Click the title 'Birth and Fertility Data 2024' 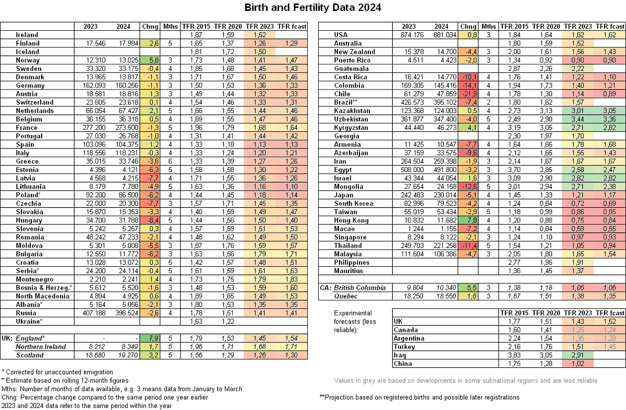tap(313, 7)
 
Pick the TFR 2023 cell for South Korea tap(579, 203)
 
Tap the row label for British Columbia tap(360, 288)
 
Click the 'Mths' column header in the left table tap(170, 26)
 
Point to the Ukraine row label tap(29, 321)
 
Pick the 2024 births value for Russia tap(124, 313)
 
